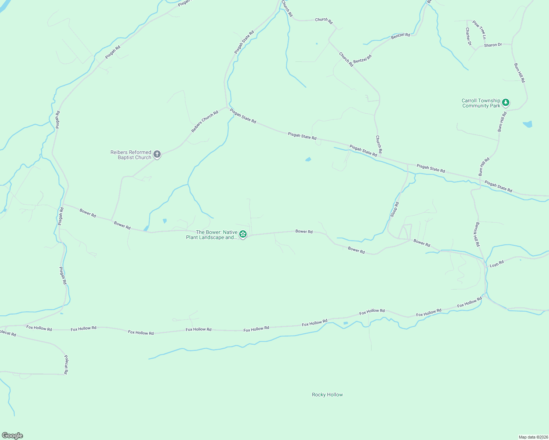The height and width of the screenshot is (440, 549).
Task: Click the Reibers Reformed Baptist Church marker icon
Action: pyautogui.click(x=157, y=154)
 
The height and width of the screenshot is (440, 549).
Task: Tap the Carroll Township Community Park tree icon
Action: pyautogui.click(x=506, y=102)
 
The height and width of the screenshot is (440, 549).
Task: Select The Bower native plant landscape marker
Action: pyautogui.click(x=243, y=234)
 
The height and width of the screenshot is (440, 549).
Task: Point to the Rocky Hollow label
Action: pyautogui.click(x=327, y=395)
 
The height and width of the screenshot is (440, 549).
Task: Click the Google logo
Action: pyautogui.click(x=12, y=436)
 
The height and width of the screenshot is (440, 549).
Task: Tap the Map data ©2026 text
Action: pyautogui.click(x=533, y=437)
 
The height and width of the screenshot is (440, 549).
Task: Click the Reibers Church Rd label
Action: pyautogui.click(x=205, y=121)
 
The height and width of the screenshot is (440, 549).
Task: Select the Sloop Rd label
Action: pyautogui.click(x=394, y=209)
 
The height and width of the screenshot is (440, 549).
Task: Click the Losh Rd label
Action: pyautogui.click(x=497, y=264)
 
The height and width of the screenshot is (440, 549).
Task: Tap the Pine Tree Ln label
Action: pyautogui.click(x=479, y=30)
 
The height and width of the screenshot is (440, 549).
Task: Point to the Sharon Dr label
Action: pyautogui.click(x=493, y=45)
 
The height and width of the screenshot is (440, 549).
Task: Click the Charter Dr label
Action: pyautogui.click(x=468, y=36)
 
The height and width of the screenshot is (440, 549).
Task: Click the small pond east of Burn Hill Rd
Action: pyautogui.click(x=528, y=124)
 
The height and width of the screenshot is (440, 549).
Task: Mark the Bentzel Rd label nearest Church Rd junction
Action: pyautogui.click(x=362, y=59)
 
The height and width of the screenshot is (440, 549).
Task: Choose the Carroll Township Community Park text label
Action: pyautogui.click(x=481, y=103)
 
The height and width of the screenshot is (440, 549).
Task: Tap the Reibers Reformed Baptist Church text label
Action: pyautogui.click(x=131, y=155)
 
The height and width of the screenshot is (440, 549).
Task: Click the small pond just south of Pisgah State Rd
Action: pyautogui.click(x=308, y=159)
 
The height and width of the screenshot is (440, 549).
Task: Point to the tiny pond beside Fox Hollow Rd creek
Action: pyautogui.click(x=345, y=323)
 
